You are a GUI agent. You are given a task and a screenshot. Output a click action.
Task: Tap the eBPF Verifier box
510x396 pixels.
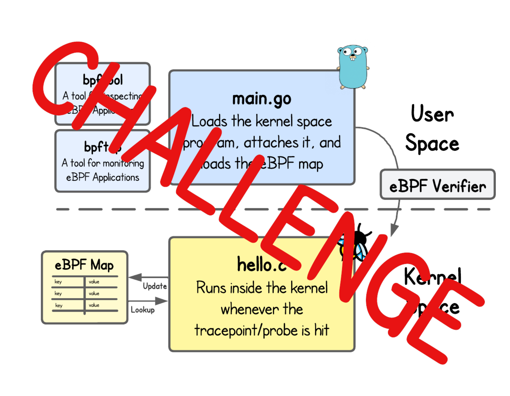pyautogui.click(x=437, y=185)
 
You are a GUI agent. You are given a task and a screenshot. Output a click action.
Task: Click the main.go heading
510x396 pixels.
pyautogui.click(x=262, y=99)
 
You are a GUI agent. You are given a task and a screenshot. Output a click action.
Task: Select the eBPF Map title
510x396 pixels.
pyautogui.click(x=84, y=265)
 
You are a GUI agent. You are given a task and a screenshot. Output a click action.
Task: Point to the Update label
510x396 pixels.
pyautogui.click(x=154, y=286)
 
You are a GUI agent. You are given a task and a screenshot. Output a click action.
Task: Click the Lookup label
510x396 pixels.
pyautogui.click(x=143, y=310)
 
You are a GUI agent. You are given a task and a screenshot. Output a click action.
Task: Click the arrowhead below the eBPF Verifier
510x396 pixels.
pyautogui.click(x=394, y=230)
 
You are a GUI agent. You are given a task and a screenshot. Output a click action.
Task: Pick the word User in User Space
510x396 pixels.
pyautogui.click(x=432, y=114)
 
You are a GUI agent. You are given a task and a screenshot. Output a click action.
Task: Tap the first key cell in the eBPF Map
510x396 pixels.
pyautogui.click(x=58, y=282)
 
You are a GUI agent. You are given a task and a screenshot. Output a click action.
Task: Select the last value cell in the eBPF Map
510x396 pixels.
pyautogui.click(x=94, y=305)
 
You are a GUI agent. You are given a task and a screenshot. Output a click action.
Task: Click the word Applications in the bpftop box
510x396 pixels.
pyautogui.click(x=116, y=177)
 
